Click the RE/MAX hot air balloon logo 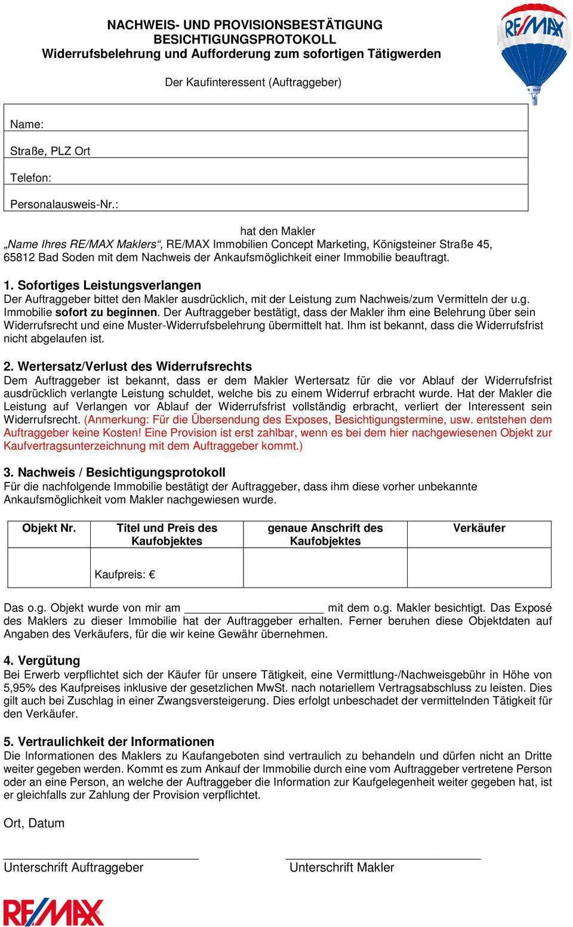(x=533, y=48)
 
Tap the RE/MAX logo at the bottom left (x=54, y=911)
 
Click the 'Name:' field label (x=26, y=125)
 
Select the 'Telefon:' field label (x=30, y=178)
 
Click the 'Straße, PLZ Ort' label (x=50, y=151)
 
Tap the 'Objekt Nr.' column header (x=49, y=528)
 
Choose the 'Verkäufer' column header (x=479, y=528)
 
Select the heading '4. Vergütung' (x=42, y=660)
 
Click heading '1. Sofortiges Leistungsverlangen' (x=103, y=285)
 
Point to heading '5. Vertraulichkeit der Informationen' (x=109, y=741)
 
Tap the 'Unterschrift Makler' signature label (x=341, y=867)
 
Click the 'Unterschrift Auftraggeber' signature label (x=73, y=867)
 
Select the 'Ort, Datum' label (x=34, y=823)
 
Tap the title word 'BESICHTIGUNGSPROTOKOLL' (x=245, y=39)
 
